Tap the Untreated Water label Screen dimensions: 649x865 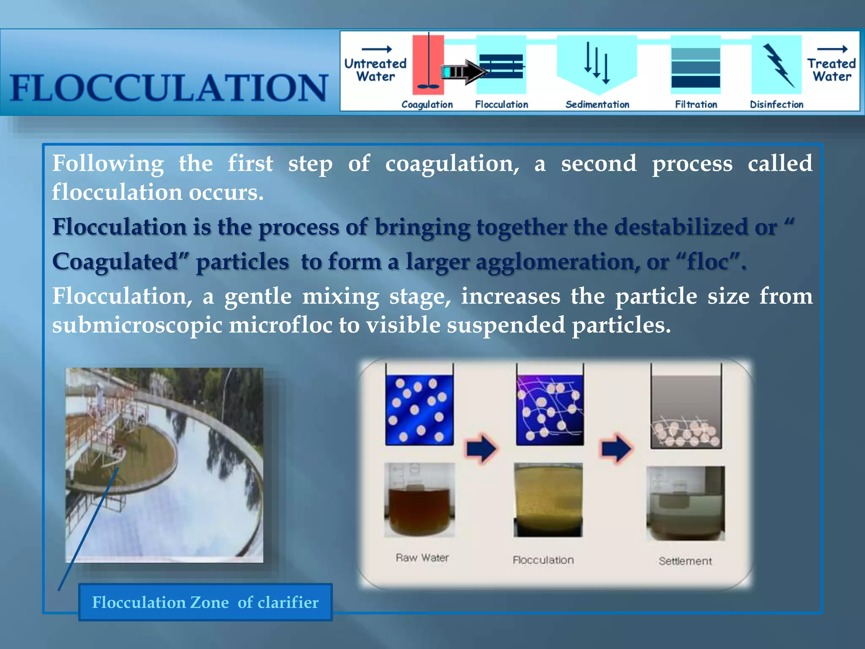[x=375, y=70]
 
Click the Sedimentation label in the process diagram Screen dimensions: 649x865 [x=597, y=104]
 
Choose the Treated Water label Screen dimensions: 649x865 [x=831, y=70]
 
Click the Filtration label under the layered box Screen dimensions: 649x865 [x=696, y=104]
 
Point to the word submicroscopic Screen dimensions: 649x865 [x=137, y=325]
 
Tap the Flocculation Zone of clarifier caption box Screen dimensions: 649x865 [x=205, y=602]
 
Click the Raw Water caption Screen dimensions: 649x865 [x=422, y=558]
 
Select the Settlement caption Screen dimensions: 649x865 [x=685, y=561]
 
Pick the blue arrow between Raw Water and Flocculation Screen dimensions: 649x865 [x=481, y=449]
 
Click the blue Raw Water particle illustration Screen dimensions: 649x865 [x=419, y=410]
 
